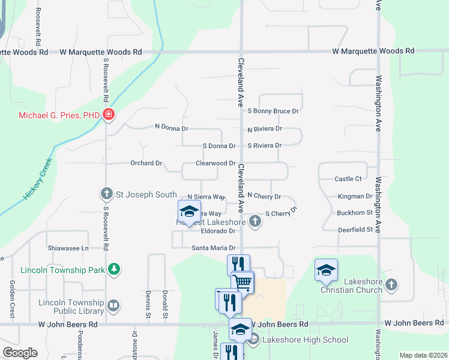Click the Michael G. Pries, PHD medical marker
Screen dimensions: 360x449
click(109, 115)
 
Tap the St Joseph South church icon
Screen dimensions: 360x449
click(106, 194)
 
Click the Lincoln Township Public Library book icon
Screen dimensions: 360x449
click(113, 307)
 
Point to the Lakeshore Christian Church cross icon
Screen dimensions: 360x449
click(391, 283)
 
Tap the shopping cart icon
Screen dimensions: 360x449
click(243, 281)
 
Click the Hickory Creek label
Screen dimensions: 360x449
click(38, 179)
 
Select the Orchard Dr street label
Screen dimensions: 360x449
click(146, 163)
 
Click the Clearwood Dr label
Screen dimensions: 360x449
click(215, 163)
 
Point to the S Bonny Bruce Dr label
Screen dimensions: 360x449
click(273, 111)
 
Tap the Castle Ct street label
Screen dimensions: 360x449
click(348, 179)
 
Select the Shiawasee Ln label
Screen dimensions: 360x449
click(68, 247)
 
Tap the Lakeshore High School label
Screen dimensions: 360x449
click(305, 340)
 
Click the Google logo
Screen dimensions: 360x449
click(19, 353)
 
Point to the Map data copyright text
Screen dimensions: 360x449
click(423, 355)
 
